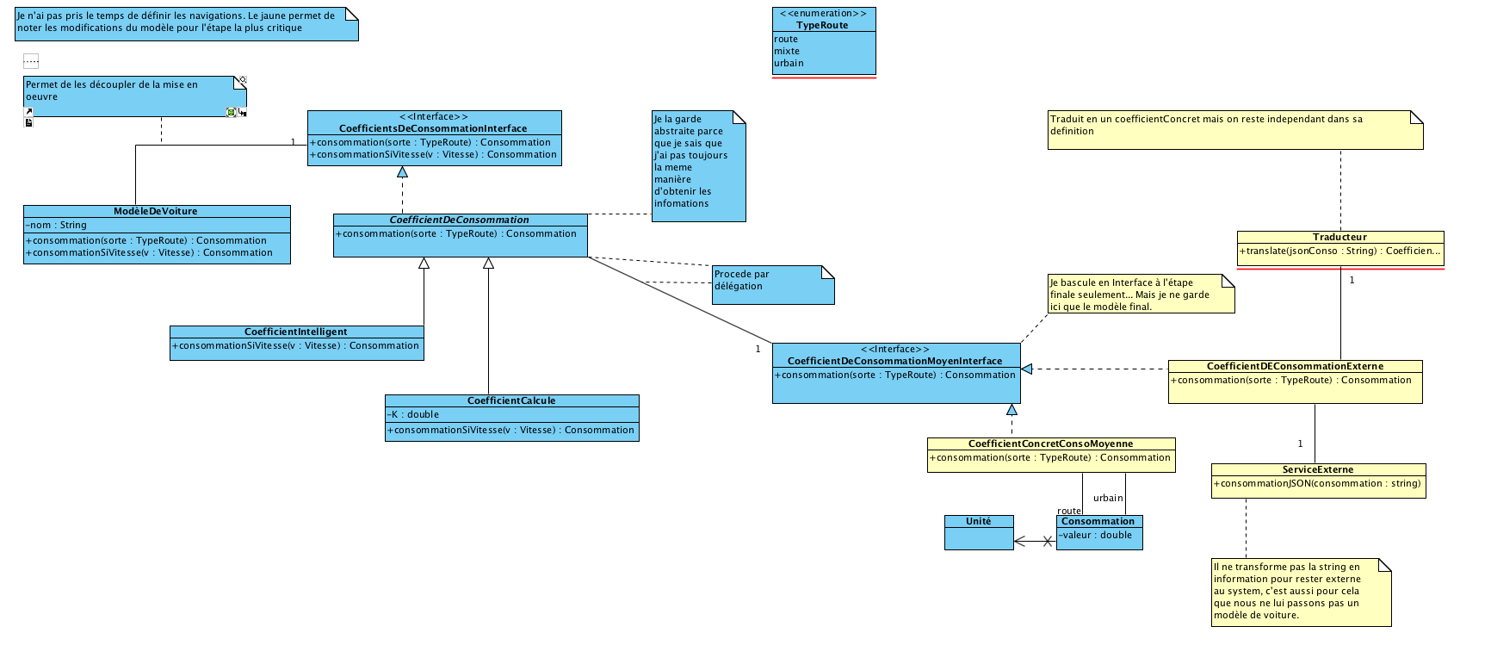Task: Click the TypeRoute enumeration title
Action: click(x=822, y=26)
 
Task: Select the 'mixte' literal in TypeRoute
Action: click(x=787, y=51)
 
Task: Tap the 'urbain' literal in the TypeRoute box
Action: click(x=789, y=63)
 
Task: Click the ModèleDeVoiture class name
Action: click(x=156, y=212)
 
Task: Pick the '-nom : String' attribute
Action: click(x=57, y=226)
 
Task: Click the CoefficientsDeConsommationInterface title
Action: click(x=433, y=129)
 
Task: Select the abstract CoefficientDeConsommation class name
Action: click(x=459, y=220)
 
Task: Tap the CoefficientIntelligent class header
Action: click(x=296, y=332)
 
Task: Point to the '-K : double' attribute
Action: click(x=413, y=415)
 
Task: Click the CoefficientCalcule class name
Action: click(x=511, y=401)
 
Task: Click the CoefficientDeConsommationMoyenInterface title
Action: click(x=894, y=362)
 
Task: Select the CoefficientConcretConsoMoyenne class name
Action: click(x=1050, y=444)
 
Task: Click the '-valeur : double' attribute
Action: click(x=1096, y=536)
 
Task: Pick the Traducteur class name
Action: click(x=1339, y=238)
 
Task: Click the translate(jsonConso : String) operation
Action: click(x=1339, y=251)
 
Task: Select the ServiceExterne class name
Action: click(x=1318, y=470)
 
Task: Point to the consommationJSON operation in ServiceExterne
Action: click(x=1317, y=484)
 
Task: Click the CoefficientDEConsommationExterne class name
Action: click(x=1295, y=367)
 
